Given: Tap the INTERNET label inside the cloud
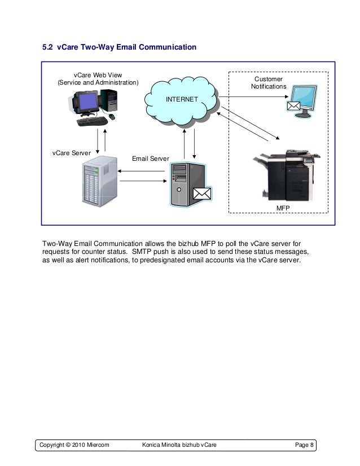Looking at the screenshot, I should point(181,99).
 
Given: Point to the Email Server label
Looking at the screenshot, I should point(150,159).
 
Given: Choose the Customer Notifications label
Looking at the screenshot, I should point(269,83).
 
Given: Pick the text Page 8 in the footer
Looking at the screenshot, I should point(305,446).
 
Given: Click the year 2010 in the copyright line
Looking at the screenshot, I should point(74,446).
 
